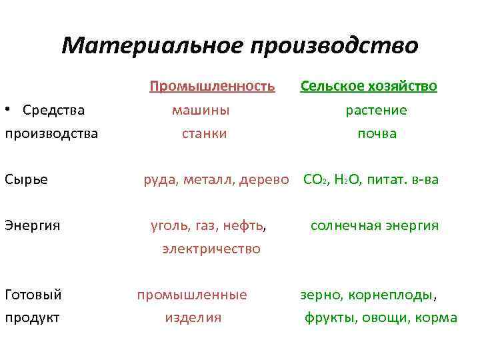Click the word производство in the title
334,46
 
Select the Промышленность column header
212,86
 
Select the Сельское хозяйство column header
369,86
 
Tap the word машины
201,110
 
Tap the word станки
204,133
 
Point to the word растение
376,110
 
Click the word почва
377,133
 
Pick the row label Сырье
26,179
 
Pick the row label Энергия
33,225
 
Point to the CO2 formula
313,179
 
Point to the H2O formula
342,179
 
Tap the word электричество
211,249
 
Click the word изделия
193,318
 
